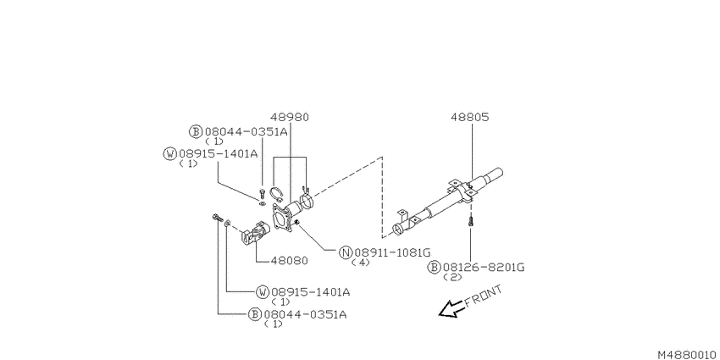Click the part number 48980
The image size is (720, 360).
click(290, 117)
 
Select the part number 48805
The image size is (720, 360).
click(470, 117)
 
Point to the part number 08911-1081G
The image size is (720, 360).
click(392, 252)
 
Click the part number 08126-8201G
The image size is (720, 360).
click(483, 267)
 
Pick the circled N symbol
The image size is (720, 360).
click(346, 252)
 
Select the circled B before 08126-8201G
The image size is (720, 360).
click(434, 267)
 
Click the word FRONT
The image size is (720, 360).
click(483, 296)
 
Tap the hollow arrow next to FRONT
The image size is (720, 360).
click(451, 309)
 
